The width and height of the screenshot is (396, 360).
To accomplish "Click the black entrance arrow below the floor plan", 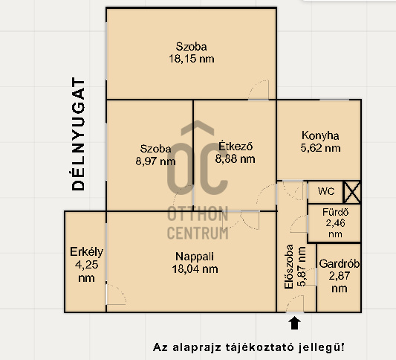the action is [294, 324].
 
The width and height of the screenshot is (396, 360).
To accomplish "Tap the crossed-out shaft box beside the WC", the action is [352, 192].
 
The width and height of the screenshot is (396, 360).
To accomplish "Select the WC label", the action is [326, 191].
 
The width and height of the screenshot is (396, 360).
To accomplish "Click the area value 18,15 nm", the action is [192, 59].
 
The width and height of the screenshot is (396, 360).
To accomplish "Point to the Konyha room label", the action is [320, 136].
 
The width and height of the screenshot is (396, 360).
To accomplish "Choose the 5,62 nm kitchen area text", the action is [320, 148].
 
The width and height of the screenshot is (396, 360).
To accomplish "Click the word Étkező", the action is [236, 146].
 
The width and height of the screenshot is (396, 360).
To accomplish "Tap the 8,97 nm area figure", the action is [155, 161].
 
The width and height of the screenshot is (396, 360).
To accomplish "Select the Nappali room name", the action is [195, 257].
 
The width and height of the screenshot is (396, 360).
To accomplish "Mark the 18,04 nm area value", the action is [195, 269].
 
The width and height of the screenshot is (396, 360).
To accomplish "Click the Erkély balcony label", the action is [87, 252].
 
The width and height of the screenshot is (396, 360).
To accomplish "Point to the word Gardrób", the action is [340, 264].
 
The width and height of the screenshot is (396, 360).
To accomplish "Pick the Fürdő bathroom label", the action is [335, 212].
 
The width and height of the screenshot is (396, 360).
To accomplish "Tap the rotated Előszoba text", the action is [289, 266].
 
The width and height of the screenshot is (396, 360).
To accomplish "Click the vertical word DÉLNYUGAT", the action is [78, 134].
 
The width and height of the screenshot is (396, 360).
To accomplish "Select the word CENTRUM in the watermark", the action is [198, 233].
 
